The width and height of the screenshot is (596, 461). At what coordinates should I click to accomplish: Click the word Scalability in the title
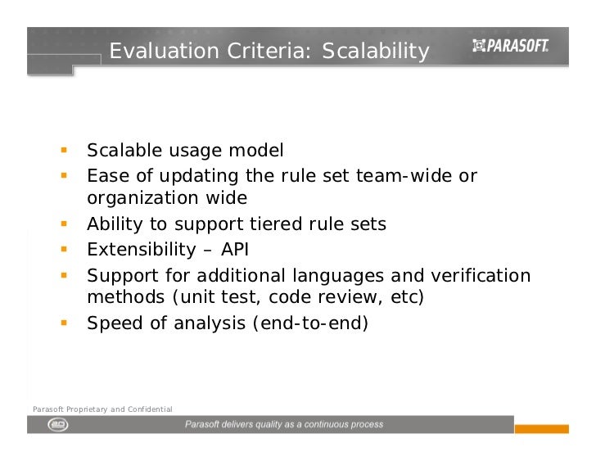[375, 52]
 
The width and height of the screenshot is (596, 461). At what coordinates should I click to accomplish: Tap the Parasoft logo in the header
[510, 47]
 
